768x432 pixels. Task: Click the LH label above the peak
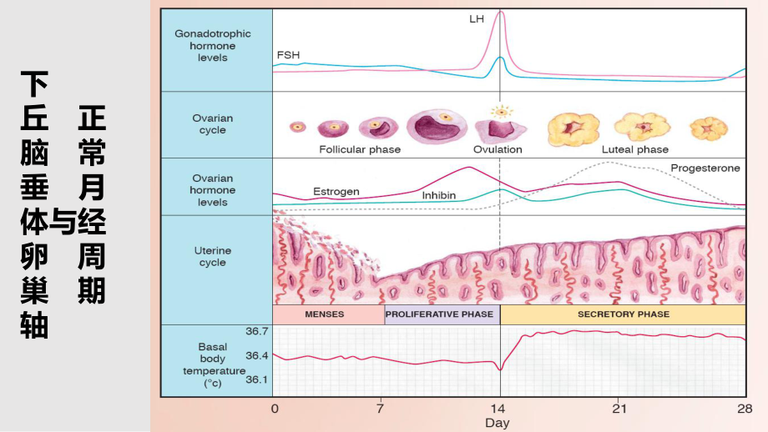coord(477,18)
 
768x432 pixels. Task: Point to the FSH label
coord(288,55)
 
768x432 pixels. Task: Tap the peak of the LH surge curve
coord(500,12)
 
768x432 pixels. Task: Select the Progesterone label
coord(705,168)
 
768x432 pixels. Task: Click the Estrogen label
coord(336,192)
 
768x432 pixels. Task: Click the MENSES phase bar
coord(328,315)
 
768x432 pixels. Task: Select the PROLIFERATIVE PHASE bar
coord(442,315)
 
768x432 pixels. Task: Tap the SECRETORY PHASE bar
coord(623,315)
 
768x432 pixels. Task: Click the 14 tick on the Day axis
coord(499,409)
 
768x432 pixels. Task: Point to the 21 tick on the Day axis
coord(619,409)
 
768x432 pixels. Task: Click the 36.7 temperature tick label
coord(257,331)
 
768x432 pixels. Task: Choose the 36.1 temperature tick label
coord(257,379)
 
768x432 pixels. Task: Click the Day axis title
coord(498,423)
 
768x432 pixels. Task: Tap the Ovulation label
coord(498,150)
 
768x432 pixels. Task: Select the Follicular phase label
coord(360,150)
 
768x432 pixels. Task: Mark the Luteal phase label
coord(635,150)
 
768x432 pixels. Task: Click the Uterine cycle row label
coord(213,256)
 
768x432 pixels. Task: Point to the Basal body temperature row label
coord(212,364)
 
